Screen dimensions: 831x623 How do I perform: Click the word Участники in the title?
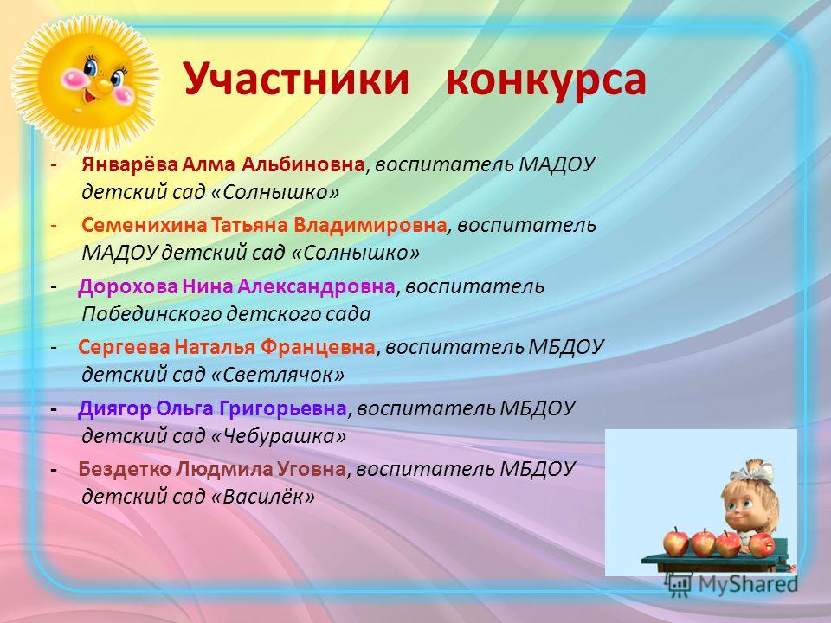coord(297,80)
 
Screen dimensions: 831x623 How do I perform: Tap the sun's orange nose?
coord(104,83)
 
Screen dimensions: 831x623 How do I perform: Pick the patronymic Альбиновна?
coord(303,164)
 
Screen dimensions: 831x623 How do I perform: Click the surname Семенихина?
coord(144,226)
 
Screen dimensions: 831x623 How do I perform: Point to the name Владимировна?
coord(370,226)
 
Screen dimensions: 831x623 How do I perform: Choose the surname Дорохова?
coord(128,287)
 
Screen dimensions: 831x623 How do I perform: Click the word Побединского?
coord(152,315)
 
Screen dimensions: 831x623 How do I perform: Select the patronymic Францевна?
coord(318,348)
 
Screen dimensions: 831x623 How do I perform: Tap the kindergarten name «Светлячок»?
coord(278,375)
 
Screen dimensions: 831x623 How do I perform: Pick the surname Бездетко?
coord(125,469)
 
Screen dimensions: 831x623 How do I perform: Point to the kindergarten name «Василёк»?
coord(263,497)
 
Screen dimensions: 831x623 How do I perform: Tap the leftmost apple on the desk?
coord(676,543)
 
